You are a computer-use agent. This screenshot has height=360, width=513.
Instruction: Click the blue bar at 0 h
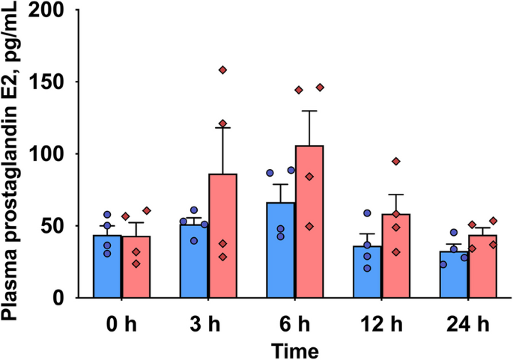pyautogui.click(x=107, y=266)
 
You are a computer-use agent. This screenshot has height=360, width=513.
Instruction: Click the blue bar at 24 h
pyautogui.click(x=453, y=274)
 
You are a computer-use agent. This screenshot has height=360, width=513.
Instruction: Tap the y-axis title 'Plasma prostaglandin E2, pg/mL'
pyautogui.click(x=13, y=161)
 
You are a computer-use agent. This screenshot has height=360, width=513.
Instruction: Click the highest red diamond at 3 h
pyautogui.click(x=222, y=70)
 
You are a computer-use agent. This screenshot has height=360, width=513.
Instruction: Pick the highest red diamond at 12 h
pyautogui.click(x=395, y=162)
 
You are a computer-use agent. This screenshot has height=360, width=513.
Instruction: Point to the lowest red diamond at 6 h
pyautogui.click(x=309, y=226)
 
